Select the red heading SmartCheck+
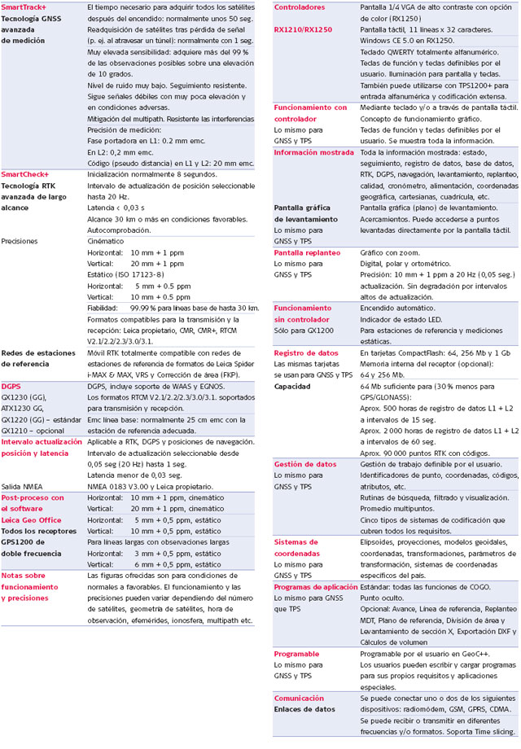coord(25,174)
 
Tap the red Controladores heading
coord(300,7)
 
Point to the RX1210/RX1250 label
coord(303,28)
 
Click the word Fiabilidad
coord(105,308)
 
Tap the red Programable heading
coord(296,654)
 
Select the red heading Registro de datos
coord(306,353)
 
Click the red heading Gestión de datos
coord(304,464)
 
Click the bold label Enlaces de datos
coord(304,709)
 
